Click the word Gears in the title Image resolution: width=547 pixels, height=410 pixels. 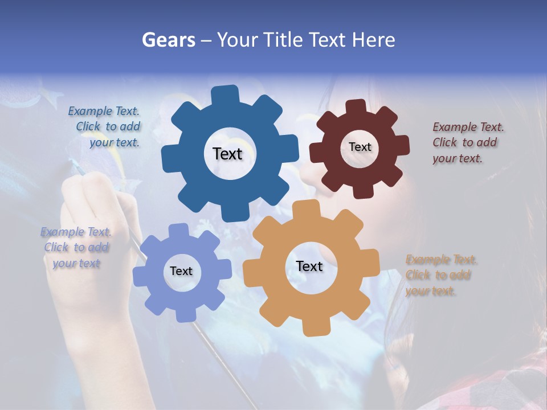click(168, 40)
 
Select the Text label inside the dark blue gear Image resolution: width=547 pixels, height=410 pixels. click(227, 154)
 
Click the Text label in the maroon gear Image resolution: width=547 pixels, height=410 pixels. click(360, 147)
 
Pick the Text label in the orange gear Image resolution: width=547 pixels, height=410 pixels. click(309, 266)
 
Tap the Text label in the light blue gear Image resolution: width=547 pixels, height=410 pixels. click(181, 271)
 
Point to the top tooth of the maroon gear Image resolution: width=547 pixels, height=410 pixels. click(356, 107)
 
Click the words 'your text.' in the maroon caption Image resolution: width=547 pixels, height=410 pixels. click(458, 159)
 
